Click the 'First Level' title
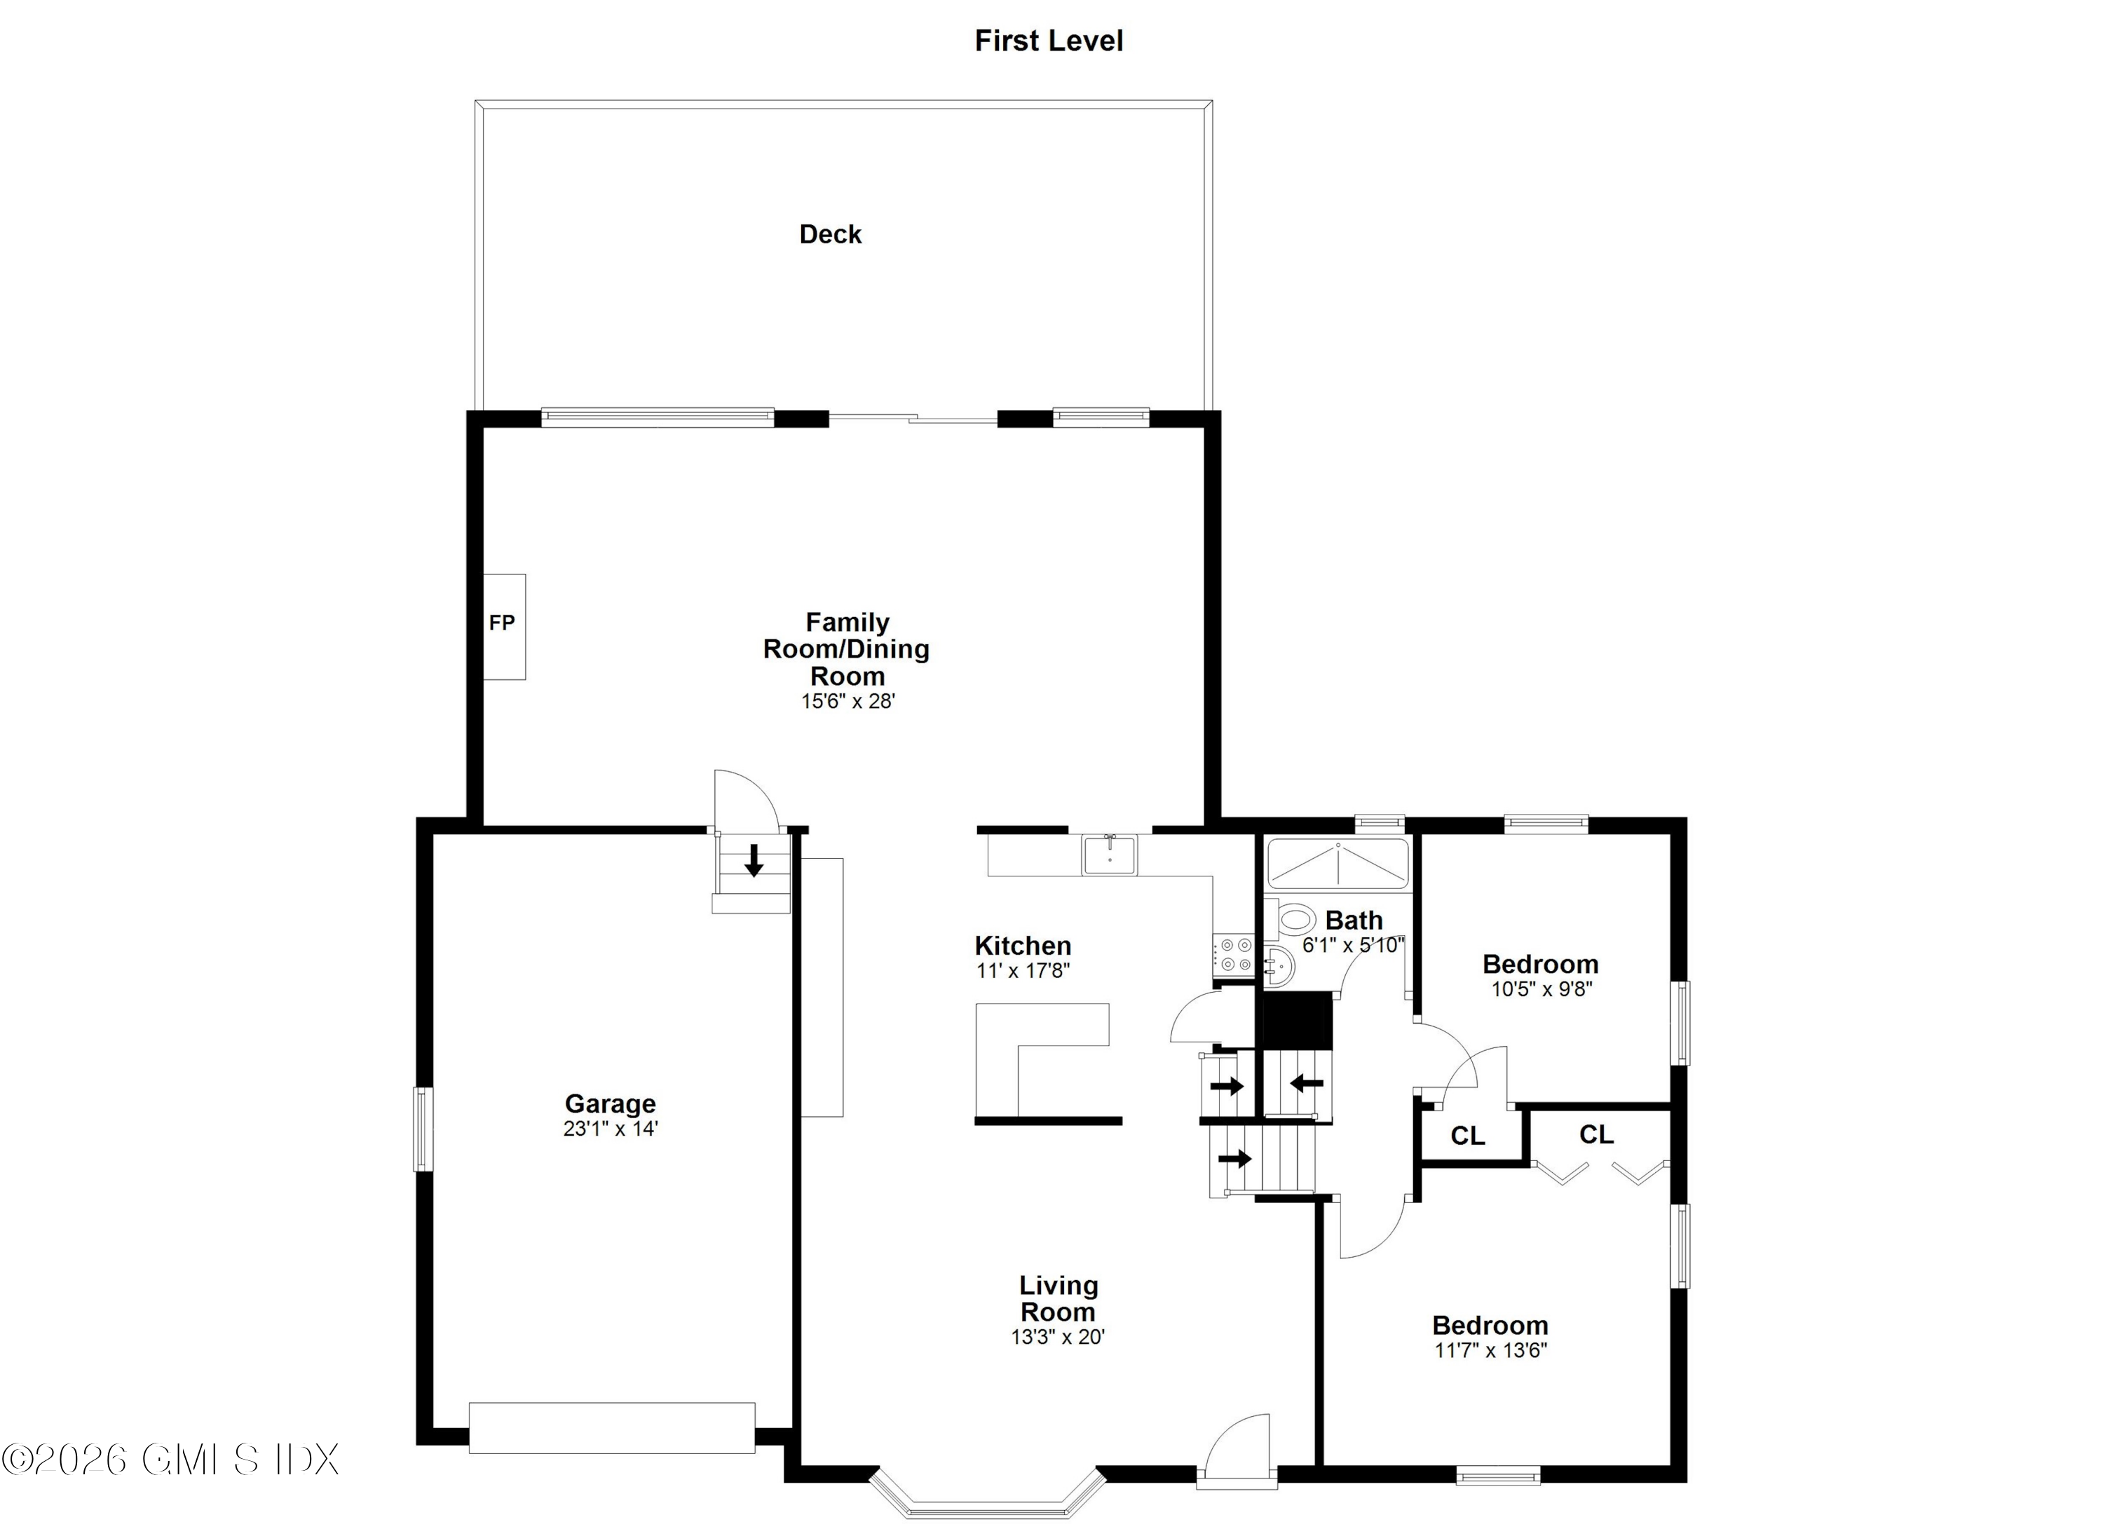pyautogui.click(x=1048, y=41)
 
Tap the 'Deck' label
pyautogui.click(x=830, y=235)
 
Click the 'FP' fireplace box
pyautogui.click(x=503, y=626)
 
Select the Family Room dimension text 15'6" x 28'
pyautogui.click(x=848, y=702)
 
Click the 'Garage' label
pyautogui.click(x=610, y=1103)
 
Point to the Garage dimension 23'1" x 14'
pyautogui.click(x=610, y=1129)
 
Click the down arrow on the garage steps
pyautogui.click(x=754, y=859)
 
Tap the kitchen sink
pyautogui.click(x=1109, y=854)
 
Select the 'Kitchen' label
pyautogui.click(x=1023, y=946)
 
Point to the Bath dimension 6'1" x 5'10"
pyautogui.click(x=1353, y=946)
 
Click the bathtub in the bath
pyautogui.click(x=1337, y=864)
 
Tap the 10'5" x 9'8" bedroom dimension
pyautogui.click(x=1541, y=989)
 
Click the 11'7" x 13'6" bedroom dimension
pyautogui.click(x=1491, y=1351)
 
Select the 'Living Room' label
pyautogui.click(x=1058, y=1298)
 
